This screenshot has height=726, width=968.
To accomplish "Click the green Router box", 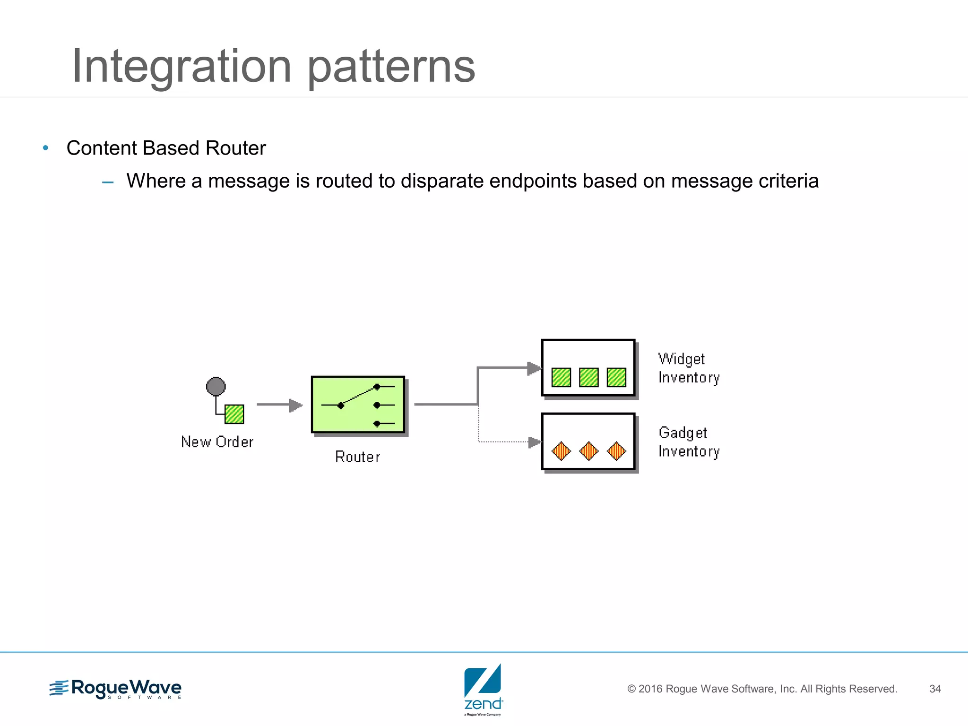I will point(358,405).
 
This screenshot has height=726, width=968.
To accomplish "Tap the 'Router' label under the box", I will point(357,457).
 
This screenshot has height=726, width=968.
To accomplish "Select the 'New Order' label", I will point(217,442).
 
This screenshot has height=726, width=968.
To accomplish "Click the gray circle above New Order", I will point(216,387).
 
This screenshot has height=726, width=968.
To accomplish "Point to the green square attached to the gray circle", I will point(234,415).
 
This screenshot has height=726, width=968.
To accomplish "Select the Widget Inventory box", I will point(588,368).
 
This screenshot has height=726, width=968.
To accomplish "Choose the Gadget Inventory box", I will point(588,441).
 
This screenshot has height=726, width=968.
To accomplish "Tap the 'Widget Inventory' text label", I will point(689,368).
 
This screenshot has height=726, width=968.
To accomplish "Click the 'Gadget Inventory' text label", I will point(689,442).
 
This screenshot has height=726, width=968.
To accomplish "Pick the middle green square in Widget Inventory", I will point(589,377).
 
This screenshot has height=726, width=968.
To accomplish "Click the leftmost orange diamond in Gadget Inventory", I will point(562,451).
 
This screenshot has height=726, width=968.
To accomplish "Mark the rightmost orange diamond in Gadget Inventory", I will point(616,451).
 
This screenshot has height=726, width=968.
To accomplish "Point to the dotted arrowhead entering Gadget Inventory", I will point(535,442).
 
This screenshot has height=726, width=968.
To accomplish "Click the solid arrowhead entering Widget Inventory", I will point(534,368).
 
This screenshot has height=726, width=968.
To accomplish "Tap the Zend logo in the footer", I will point(483,689).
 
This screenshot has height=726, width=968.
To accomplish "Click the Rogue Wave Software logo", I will point(115,689).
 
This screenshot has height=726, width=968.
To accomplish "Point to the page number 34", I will point(935,689).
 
